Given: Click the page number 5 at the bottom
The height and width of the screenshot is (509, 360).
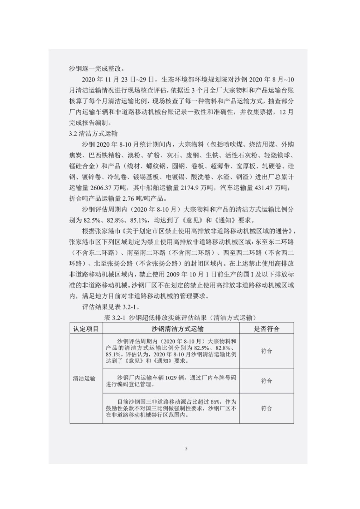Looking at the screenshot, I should [186, 449].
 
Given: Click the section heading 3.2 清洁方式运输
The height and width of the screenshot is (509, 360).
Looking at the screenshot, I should [93, 134].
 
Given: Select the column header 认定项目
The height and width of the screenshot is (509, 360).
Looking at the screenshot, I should [86, 329].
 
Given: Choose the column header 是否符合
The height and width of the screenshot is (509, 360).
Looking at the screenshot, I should [266, 329].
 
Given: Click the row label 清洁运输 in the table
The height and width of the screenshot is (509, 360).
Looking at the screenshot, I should [84, 378].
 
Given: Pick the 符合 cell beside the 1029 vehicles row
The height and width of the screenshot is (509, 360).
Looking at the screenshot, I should [266, 381].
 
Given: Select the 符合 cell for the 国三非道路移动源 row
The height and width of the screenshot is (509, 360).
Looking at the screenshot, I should [266, 408].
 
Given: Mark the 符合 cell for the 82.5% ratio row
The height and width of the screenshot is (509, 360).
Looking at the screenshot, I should [266, 351].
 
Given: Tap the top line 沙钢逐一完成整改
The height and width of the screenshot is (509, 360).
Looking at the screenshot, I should [97, 68].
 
